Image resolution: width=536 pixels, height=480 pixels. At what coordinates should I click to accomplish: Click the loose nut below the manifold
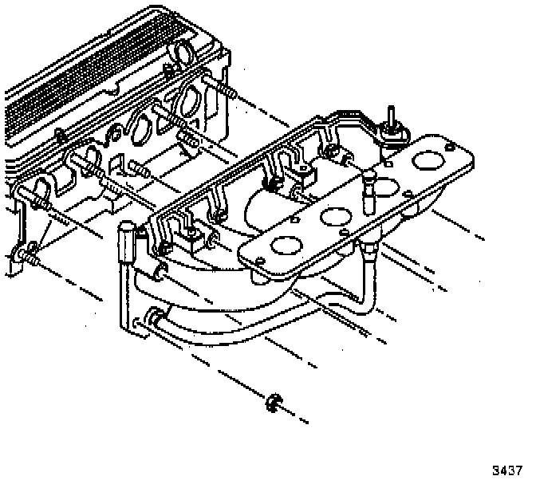[272, 403]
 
